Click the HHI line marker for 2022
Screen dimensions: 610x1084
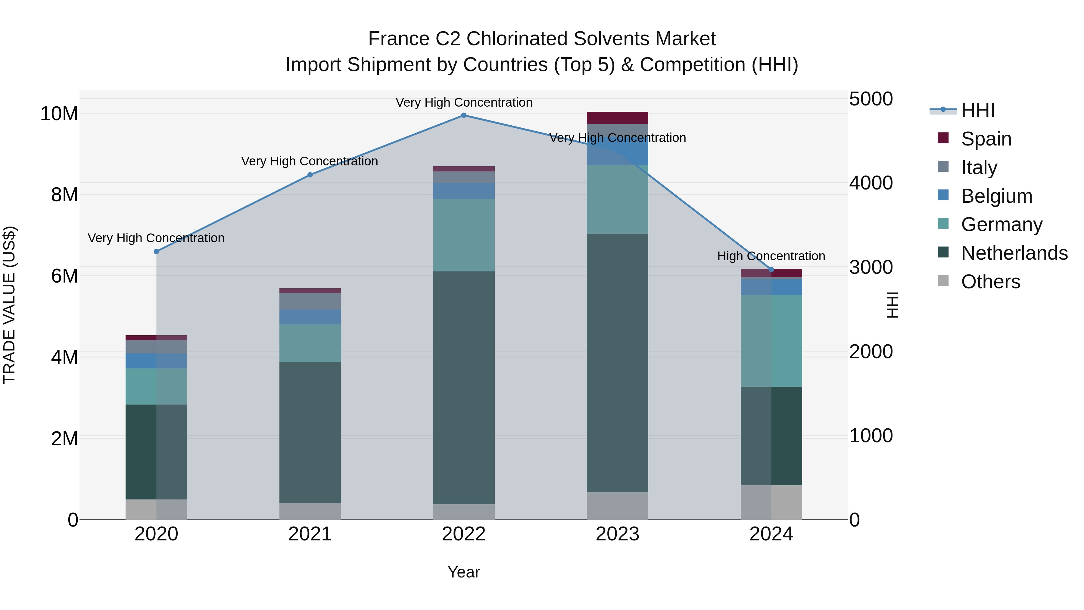tap(464, 115)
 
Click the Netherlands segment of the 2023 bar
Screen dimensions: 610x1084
tap(617, 362)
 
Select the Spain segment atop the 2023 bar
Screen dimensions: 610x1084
tap(617, 117)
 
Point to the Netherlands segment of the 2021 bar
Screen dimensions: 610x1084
tap(310, 432)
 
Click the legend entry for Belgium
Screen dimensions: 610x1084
tap(996, 196)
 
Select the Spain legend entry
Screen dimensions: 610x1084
tap(986, 139)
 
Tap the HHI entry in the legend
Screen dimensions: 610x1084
tap(977, 110)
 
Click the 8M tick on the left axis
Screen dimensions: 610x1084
tap(64, 195)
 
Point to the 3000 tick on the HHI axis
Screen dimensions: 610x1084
tap(871, 267)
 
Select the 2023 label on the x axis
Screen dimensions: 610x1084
tap(617, 534)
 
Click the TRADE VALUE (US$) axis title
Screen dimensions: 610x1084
tap(9, 305)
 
